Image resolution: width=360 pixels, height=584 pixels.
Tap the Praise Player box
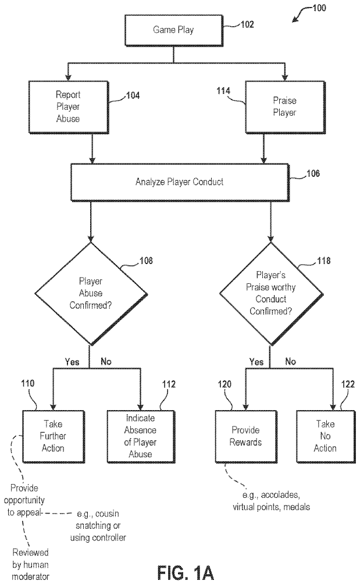pos(284,106)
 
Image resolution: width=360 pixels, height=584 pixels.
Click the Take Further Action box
pos(53,436)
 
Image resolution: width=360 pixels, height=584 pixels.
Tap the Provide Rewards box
pos(245,436)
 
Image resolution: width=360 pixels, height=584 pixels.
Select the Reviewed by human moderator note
pos(31,563)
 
